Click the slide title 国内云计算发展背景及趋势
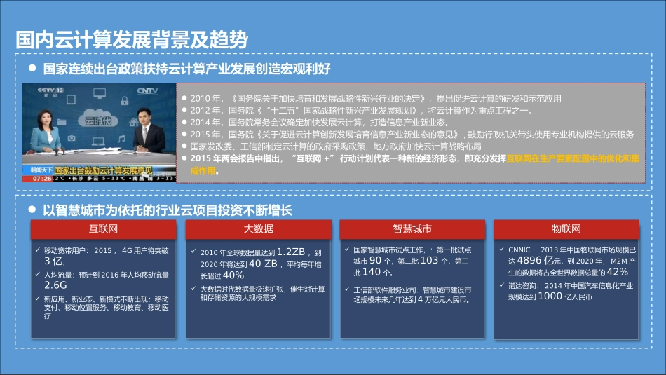pyautogui.click(x=132, y=40)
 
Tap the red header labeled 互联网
pyautogui.click(x=102, y=229)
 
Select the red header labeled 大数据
pyautogui.click(x=258, y=229)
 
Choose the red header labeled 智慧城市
pyautogui.click(x=412, y=229)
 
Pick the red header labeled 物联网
pyautogui.click(x=566, y=229)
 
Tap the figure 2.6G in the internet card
pyautogui.click(x=55, y=285)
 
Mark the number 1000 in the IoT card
pyautogui.click(x=550, y=296)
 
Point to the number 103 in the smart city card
pyautogui.click(x=429, y=260)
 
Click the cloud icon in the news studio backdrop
pyautogui.click(x=97, y=116)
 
